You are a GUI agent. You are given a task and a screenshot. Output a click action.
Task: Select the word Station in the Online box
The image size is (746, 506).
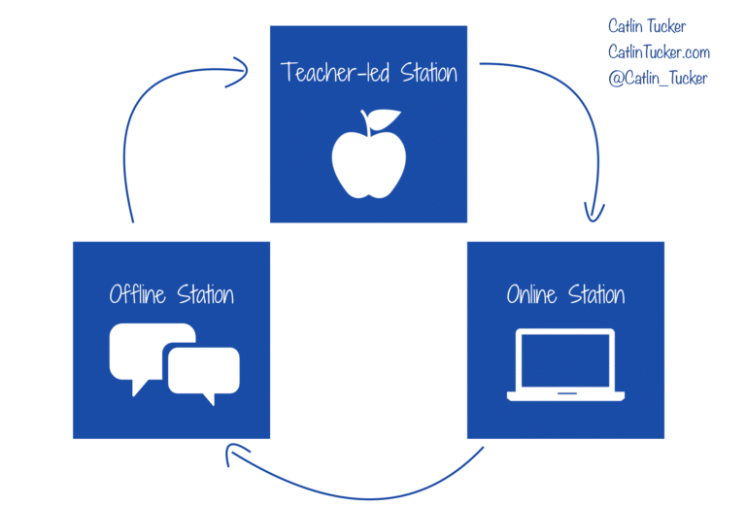[596, 293]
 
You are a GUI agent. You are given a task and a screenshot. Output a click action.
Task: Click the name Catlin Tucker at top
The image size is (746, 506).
[646, 27]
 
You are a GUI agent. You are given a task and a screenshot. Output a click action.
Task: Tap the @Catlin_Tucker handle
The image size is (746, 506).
[658, 78]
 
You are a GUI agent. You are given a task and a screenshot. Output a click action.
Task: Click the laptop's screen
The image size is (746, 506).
[565, 359]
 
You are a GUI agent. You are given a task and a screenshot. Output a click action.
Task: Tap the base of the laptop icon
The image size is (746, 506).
[565, 396]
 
